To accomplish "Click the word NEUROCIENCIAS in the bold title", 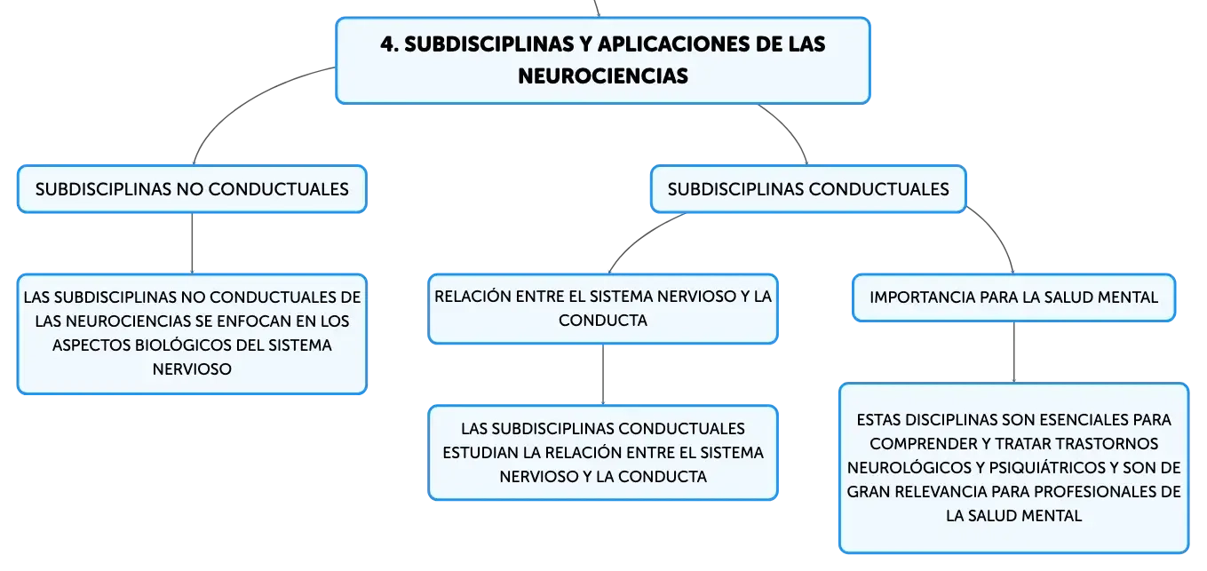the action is [603, 76].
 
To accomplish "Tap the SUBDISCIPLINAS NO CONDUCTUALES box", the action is [193, 189].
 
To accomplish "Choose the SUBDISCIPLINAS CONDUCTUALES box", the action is [808, 189].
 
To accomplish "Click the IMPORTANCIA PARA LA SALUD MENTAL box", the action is [1013, 297].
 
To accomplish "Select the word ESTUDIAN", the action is [480, 453].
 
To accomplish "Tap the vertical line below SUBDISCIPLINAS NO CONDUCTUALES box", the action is [193, 243].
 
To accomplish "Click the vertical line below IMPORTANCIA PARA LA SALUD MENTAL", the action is [1014, 353].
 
